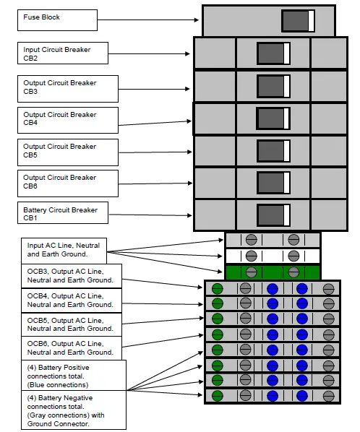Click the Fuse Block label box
click(x=57, y=20)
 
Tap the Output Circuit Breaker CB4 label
click(x=67, y=119)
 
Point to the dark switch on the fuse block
click(x=297, y=20)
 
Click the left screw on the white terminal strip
click(x=251, y=256)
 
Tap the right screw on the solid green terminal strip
click(x=293, y=272)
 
